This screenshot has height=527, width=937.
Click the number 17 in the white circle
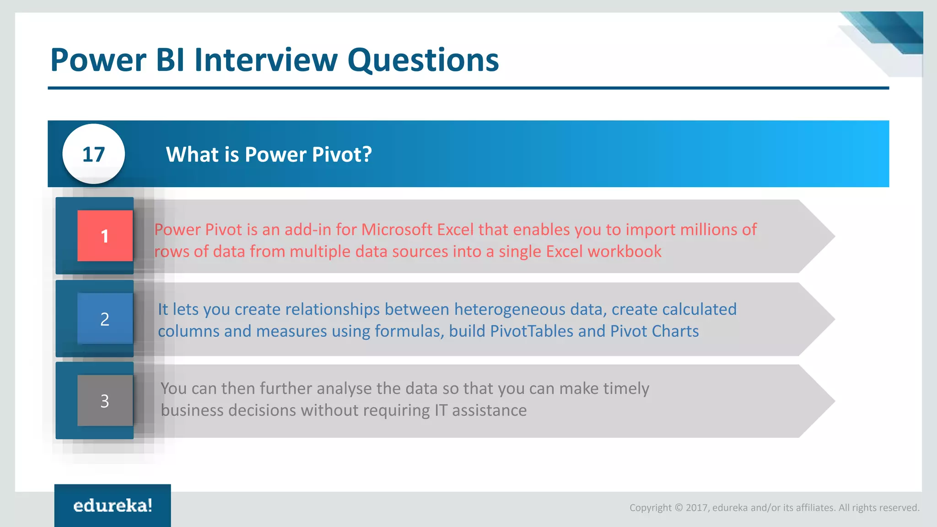pos(93,155)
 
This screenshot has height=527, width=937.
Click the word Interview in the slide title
pos(266,60)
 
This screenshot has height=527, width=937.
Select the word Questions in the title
pos(423,60)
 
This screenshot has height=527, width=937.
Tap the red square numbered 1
pos(105,236)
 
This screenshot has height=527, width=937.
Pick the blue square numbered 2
pos(105,319)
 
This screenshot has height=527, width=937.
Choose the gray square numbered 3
pos(105,401)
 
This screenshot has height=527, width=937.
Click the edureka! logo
pos(113,505)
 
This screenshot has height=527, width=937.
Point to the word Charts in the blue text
pos(675,331)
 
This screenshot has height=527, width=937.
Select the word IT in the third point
pos(441,410)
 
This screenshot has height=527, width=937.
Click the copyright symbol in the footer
pos(679,508)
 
